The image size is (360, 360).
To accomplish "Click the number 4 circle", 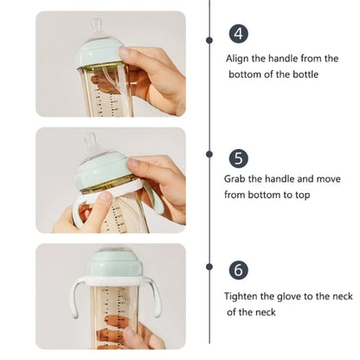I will click(239, 34).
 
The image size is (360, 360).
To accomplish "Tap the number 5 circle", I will click(240, 158).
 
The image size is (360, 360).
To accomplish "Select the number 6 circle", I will click(240, 270).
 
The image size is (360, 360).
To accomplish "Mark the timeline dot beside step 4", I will click(209, 40).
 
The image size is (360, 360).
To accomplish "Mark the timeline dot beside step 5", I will click(209, 154).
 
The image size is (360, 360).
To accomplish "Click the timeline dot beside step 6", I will click(209, 267).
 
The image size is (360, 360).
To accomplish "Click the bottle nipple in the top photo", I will click(97, 29).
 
